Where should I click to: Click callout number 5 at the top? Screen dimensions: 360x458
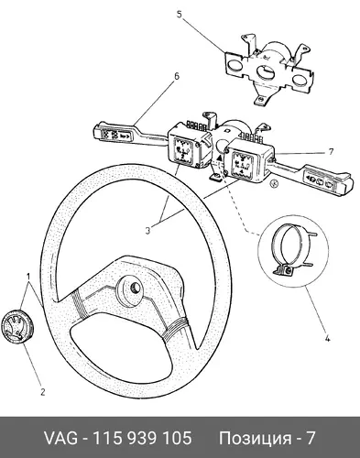tap(180, 14)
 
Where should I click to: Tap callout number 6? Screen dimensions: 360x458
tap(177, 76)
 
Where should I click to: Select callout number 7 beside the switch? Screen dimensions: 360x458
tap(331, 151)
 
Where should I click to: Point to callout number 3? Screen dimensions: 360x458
tap(147, 231)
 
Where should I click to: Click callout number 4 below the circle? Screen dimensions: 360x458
tap(327, 339)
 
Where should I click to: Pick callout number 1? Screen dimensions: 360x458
tap(28, 277)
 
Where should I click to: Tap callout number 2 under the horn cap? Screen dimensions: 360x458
tap(42, 392)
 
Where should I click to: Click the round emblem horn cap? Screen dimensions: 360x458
tap(16, 325)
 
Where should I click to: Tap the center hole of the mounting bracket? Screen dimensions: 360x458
tap(265, 73)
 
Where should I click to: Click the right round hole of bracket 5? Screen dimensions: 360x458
tap(298, 80)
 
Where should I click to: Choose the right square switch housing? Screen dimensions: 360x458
tap(248, 161)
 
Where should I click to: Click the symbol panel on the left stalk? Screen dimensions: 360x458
tap(116, 136)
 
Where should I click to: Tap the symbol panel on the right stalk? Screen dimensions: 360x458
tap(320, 180)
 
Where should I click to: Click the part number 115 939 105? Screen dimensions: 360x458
tap(142, 438)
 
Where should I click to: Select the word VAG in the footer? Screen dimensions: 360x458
tap(60, 438)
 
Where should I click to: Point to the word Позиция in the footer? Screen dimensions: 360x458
tap(255, 439)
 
